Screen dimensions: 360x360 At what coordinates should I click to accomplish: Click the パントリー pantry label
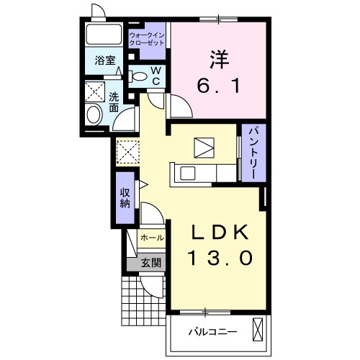254,153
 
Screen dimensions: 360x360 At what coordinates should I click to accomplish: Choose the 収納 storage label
125,196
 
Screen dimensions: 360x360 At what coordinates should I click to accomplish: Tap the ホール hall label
151,237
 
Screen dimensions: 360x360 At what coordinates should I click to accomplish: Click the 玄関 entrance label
150,262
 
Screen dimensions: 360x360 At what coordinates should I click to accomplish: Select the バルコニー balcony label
213,332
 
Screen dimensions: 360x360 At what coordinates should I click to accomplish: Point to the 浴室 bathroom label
106,61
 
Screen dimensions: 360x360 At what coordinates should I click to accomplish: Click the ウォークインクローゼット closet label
147,39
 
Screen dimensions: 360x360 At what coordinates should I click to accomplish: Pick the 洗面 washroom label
114,102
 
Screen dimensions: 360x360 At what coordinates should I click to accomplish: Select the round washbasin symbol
94,115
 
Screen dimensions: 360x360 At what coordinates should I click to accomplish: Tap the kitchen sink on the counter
187,173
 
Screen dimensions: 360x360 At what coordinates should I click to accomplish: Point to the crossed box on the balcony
259,331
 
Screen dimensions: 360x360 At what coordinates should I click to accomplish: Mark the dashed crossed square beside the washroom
129,150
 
